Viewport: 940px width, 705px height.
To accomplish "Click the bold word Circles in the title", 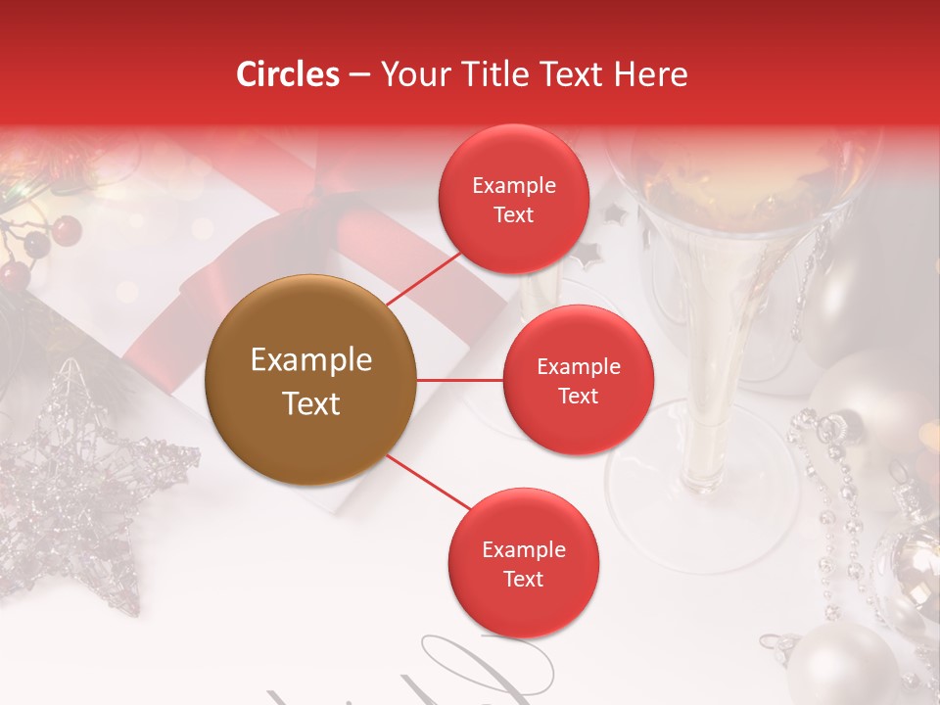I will [288, 74].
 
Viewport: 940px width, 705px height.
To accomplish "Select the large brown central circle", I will [311, 380].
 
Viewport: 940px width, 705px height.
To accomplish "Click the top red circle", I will [513, 200].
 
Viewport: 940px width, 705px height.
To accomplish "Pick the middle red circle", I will [578, 380].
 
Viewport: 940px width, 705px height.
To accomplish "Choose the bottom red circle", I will [523, 564].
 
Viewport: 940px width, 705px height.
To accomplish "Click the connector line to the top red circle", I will [425, 277].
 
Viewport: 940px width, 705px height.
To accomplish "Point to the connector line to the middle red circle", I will [460, 380].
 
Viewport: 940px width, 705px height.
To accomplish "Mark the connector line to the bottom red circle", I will [429, 482].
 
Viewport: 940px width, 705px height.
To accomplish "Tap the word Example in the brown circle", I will [311, 360].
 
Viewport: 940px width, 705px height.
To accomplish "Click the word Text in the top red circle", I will [513, 214].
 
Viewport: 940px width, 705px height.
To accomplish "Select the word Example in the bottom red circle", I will [523, 549].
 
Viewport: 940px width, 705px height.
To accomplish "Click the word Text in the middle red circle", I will [578, 396].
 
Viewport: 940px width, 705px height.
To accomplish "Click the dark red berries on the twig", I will [65, 231].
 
